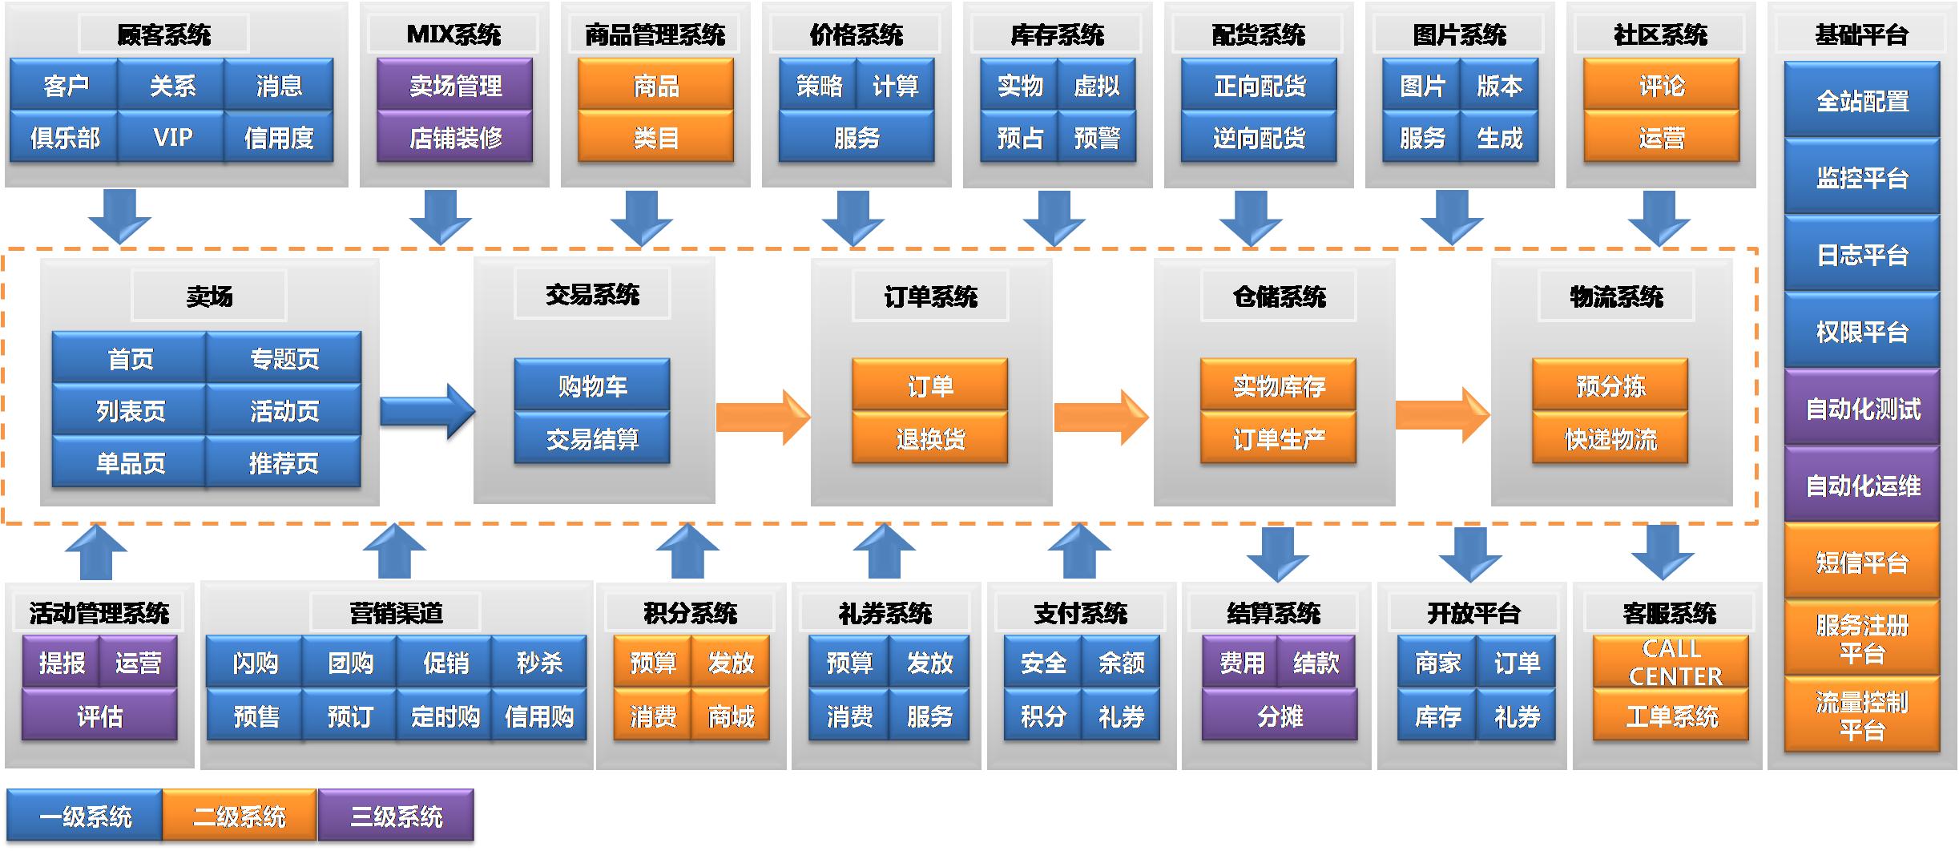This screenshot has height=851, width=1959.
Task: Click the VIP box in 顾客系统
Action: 171,138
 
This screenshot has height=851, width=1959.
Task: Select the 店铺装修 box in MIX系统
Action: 455,138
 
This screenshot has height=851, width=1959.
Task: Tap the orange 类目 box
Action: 655,138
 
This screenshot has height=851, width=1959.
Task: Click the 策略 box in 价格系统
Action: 819,86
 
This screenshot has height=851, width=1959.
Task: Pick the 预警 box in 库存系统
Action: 1096,138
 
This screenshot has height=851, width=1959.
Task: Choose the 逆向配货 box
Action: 1259,138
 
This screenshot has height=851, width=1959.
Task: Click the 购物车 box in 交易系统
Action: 592,386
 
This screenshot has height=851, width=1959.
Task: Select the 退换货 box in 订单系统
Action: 929,438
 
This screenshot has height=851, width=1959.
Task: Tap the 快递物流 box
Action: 1610,438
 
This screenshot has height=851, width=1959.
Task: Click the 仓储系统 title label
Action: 1279,297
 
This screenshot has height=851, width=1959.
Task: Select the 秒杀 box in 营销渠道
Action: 538,663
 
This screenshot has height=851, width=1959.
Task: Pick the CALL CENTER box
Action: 1671,662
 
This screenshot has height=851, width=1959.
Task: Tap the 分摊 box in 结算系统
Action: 1280,716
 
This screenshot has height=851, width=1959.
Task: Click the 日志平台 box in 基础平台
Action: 1861,255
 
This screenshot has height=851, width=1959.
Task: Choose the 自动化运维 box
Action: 1861,486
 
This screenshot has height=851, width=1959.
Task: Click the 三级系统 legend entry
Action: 396,817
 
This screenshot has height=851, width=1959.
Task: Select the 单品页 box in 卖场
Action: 130,463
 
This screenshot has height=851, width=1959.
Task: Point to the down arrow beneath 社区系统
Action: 1659,217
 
